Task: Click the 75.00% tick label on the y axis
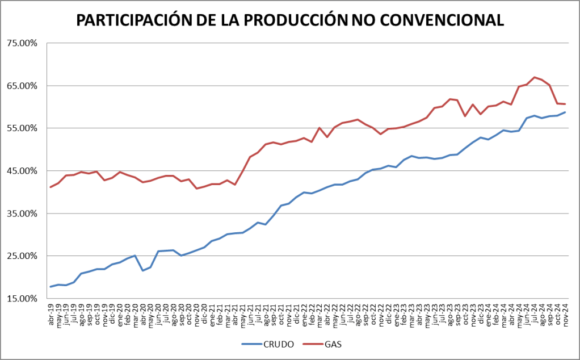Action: pos(22,43)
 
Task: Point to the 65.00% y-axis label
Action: pos(22,86)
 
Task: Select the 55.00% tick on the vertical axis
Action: pos(22,128)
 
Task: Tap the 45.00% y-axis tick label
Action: pos(22,171)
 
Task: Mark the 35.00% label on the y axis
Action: pos(22,214)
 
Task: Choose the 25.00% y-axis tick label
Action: pos(22,256)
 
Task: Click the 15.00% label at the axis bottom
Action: pos(22,299)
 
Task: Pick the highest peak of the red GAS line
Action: pos(535,77)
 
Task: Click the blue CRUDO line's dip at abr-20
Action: pos(143,270)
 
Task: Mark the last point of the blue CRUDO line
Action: pos(565,112)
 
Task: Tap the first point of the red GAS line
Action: pos(51,187)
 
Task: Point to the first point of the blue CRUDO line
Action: pos(51,287)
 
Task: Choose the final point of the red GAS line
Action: pos(565,104)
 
